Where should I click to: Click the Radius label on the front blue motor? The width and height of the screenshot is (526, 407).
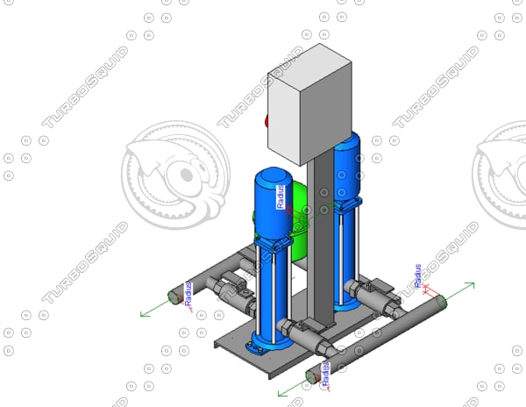tap(281, 196)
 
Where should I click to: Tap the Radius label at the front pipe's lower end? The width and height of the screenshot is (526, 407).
tap(324, 372)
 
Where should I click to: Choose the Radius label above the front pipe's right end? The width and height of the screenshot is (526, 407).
tap(418, 275)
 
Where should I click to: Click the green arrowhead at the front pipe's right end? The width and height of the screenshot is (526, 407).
tap(471, 284)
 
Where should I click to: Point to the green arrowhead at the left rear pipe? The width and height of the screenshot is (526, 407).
tap(146, 312)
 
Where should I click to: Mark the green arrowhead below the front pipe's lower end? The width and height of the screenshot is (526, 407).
tap(281, 392)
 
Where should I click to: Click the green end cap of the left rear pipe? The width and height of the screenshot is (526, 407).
tap(174, 298)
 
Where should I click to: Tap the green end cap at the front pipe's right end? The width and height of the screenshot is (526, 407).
tap(441, 302)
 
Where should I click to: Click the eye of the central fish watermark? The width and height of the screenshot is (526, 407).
tap(186, 175)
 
